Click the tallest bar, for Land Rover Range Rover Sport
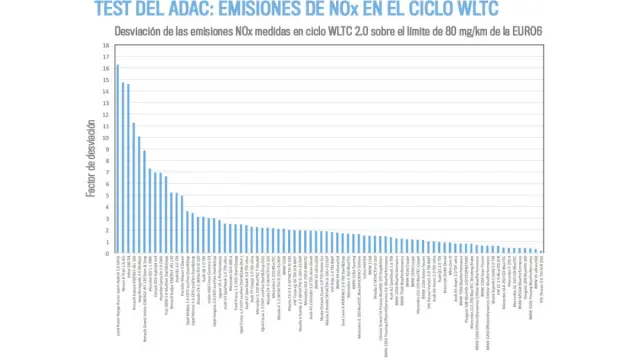tap(118, 160)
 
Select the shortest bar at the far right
tap(541, 251)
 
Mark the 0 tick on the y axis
tap(106, 253)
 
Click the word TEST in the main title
tap(117, 10)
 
